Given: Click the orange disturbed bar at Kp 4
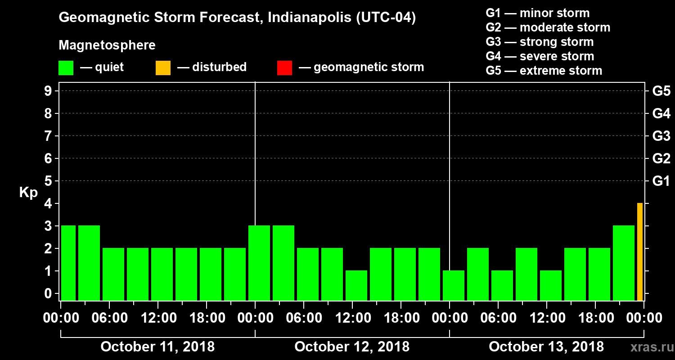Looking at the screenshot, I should (639, 252).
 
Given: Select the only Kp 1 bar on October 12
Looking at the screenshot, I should (356, 285).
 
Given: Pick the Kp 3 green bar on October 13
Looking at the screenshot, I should (623, 263).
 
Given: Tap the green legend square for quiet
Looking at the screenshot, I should (66, 67).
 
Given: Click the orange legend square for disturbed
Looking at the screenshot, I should (163, 67).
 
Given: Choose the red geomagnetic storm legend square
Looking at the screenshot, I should (284, 67).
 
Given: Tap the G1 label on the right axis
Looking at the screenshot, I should (661, 181).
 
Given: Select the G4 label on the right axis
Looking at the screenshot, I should (661, 114).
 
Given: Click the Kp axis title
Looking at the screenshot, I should (28, 193).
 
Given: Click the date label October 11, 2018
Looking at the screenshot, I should (157, 347).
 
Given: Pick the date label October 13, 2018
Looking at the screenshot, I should (546, 347).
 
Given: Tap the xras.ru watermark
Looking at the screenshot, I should (648, 347).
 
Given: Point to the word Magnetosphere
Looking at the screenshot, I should (107, 45).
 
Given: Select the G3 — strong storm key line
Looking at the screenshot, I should (540, 42).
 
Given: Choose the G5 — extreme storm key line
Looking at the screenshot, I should (544, 71).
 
